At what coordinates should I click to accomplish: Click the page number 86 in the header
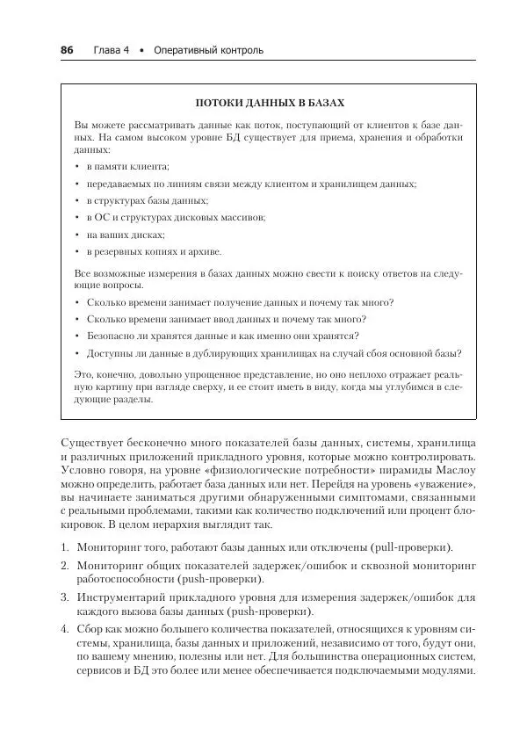pyautogui.click(x=67, y=50)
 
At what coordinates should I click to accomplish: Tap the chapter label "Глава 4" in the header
pyautogui.click(x=112, y=50)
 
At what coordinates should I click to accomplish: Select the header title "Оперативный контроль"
pyautogui.click(x=208, y=50)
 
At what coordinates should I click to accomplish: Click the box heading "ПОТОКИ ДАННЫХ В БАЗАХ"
pyautogui.click(x=269, y=102)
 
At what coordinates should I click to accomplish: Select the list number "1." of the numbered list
pyautogui.click(x=65, y=546)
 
